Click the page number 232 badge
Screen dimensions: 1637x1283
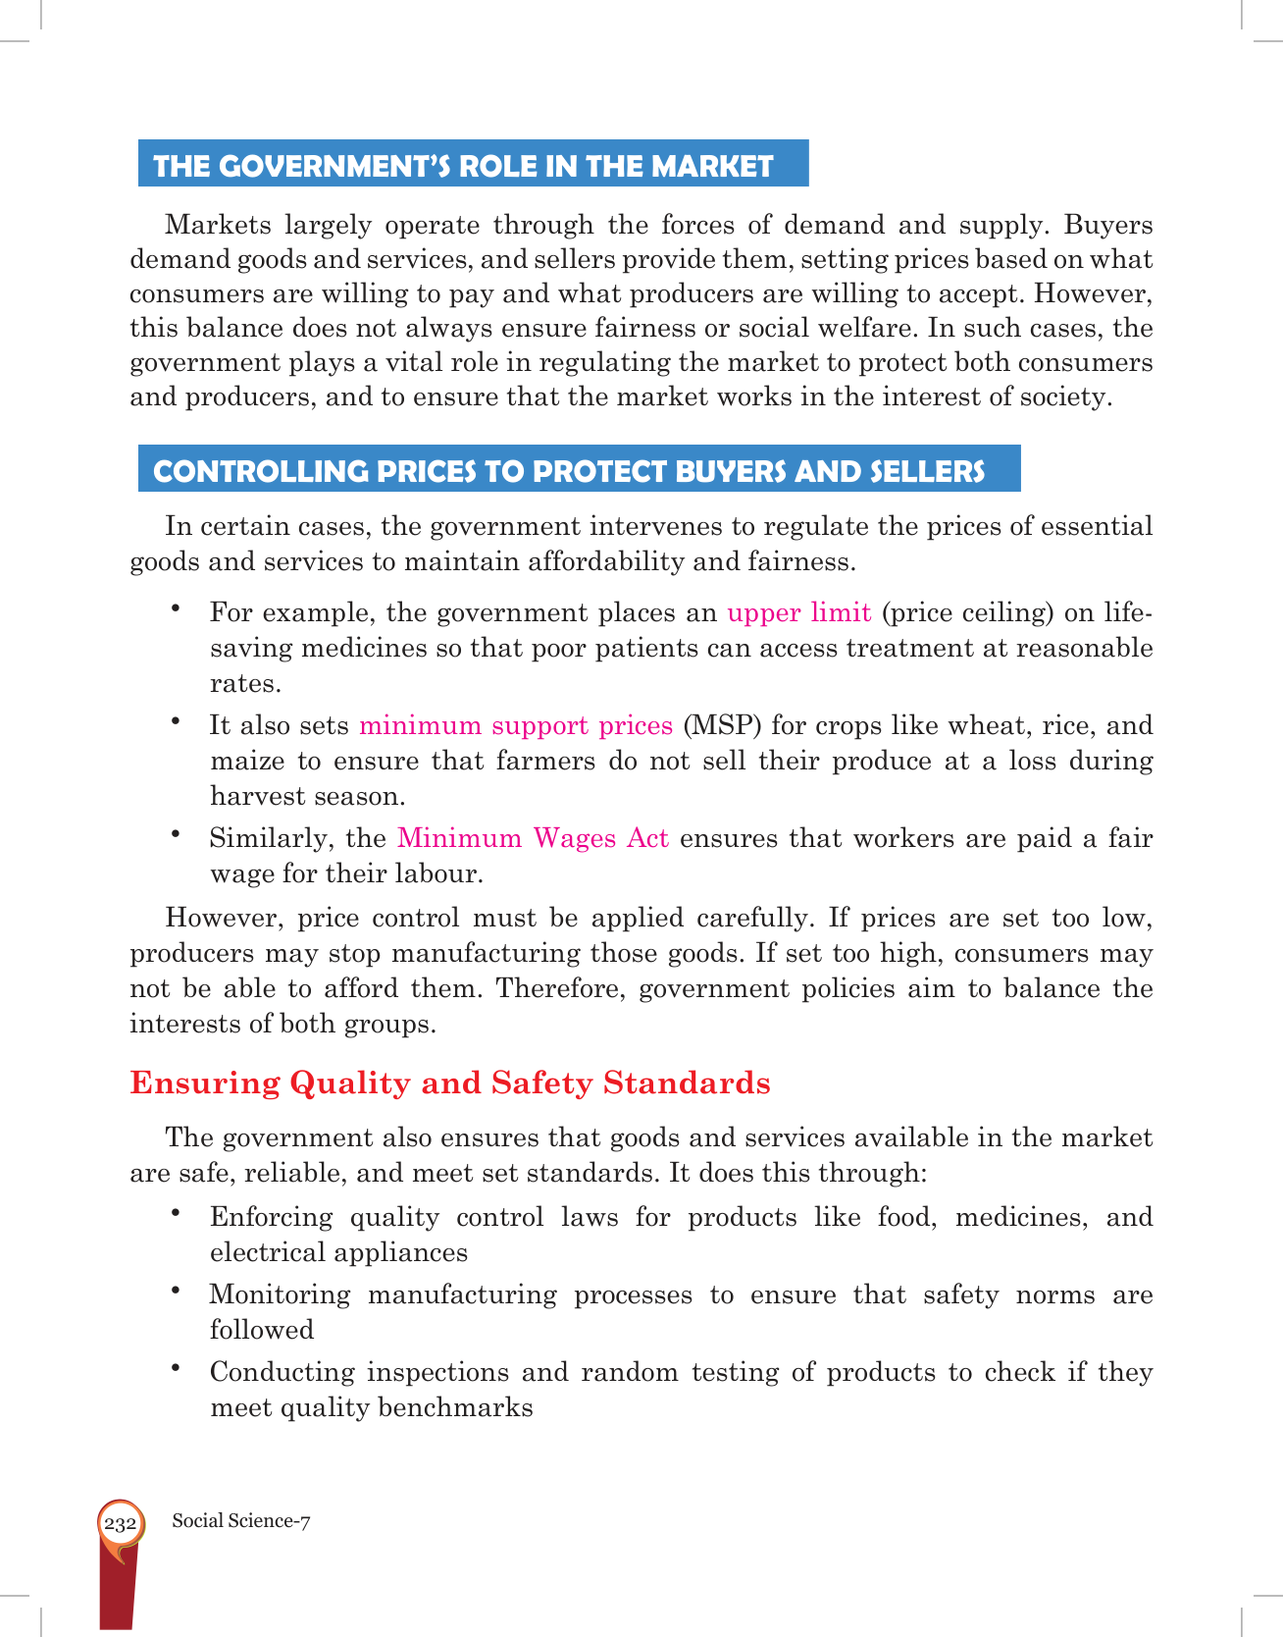(x=120, y=1524)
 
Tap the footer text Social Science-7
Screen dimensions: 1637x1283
(x=240, y=1521)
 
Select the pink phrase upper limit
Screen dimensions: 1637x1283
(x=798, y=613)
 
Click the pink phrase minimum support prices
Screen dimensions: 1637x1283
(x=516, y=726)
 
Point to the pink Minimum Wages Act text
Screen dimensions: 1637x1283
(x=533, y=839)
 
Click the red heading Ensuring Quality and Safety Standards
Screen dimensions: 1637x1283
(x=450, y=1083)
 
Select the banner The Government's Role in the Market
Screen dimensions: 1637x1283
(x=473, y=164)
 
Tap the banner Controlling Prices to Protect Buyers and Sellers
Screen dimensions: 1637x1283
(x=579, y=470)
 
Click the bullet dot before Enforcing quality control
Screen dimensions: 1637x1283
(x=176, y=1213)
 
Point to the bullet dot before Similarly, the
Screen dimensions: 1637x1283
(x=176, y=834)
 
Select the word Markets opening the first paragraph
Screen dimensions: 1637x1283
(x=218, y=226)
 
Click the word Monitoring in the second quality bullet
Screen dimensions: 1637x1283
(x=280, y=1295)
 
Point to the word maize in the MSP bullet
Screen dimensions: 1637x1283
(x=245, y=762)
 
